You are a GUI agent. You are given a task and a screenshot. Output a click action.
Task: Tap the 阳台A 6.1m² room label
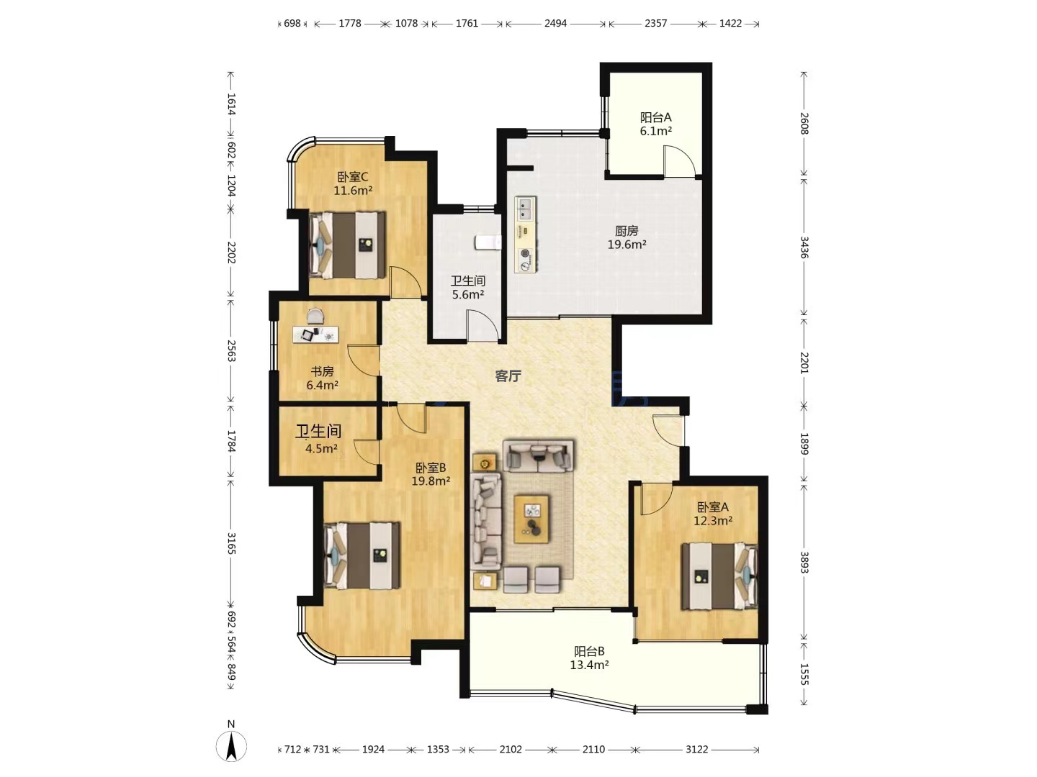656,124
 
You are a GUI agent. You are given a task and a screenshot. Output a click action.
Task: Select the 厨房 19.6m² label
627,237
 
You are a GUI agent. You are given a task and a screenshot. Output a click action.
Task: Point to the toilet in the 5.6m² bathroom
488,242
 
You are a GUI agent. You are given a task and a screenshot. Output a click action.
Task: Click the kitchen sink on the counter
526,209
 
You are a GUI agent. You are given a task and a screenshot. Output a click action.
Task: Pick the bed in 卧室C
347,245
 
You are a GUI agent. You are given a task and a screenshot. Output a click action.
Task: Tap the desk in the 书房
315,334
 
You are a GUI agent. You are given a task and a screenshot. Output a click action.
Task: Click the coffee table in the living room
531,519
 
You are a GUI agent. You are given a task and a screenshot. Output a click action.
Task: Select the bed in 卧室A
719,576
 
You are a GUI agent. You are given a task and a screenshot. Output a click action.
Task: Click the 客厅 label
508,376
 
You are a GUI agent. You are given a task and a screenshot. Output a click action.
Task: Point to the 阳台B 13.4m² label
589,658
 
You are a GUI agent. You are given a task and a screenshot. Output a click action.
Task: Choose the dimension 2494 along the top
555,23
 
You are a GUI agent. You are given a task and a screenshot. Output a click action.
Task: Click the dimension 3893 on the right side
804,563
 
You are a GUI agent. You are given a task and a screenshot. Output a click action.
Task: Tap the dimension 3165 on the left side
231,543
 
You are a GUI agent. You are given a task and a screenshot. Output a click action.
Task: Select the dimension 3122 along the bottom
697,749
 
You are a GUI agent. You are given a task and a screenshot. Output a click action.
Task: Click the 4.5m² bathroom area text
321,449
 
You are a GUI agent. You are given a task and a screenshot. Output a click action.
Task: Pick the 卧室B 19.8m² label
431,475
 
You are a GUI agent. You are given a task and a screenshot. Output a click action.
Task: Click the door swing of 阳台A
679,162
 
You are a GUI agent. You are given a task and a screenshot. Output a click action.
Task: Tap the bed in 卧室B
362,555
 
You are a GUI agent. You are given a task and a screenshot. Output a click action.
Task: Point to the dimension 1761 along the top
467,23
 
